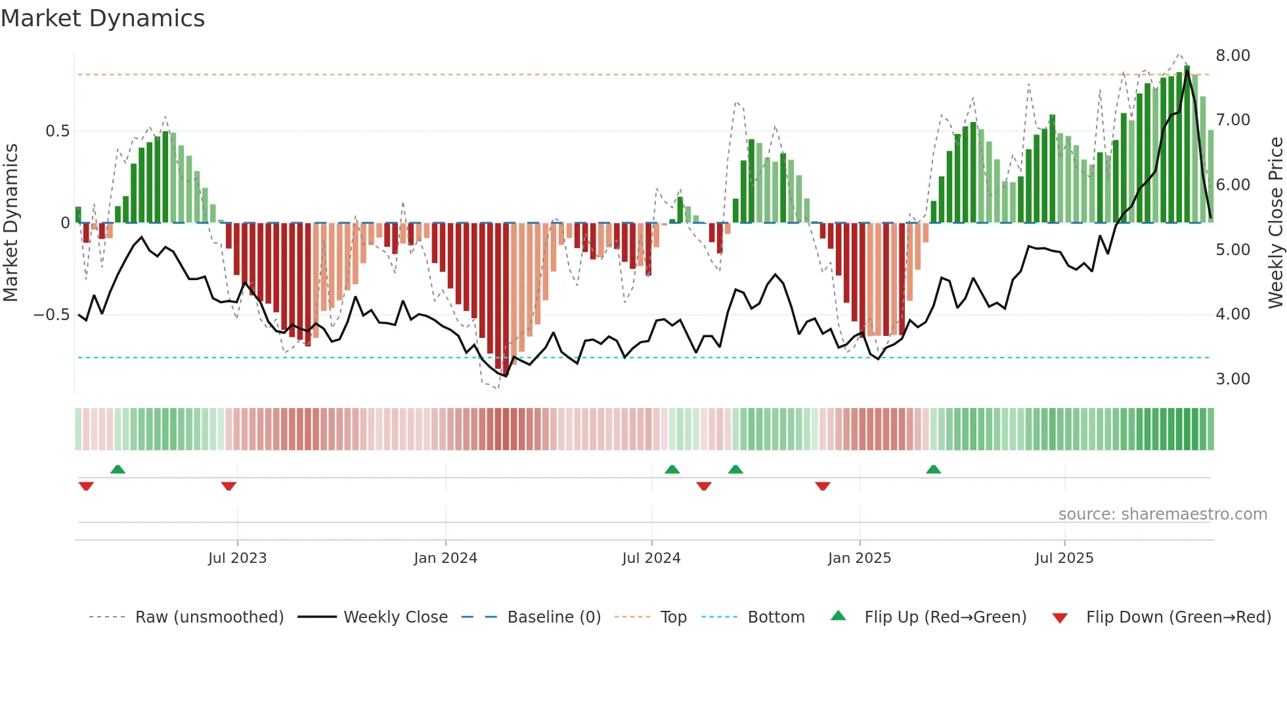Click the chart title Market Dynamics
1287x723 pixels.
102,18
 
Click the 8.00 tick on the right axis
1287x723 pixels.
1232,56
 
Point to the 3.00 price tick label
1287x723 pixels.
1232,379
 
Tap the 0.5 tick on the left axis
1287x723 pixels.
57,131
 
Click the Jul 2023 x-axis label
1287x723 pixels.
237,558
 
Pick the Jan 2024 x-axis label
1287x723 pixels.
445,558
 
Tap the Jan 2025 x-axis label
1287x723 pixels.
859,558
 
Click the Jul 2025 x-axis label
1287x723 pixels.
1064,558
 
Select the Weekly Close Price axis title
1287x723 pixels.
1275,223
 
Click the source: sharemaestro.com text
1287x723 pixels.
1162,514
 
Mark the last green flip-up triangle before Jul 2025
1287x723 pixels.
933,470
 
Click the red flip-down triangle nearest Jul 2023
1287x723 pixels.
229,486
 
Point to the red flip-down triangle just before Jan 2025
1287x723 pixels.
822,486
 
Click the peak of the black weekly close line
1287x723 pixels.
1187,70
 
